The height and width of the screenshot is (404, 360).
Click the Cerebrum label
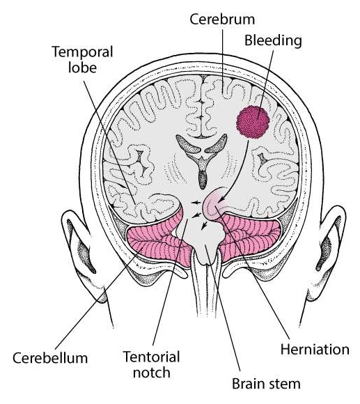[x=222, y=20]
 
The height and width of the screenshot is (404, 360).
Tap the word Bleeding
[x=273, y=41]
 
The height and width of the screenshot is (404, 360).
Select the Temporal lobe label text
[x=83, y=59]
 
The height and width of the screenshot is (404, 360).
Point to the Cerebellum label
[x=50, y=358]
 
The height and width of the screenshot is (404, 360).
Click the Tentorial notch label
[x=152, y=364]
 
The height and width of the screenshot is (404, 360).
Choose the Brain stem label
[x=266, y=384]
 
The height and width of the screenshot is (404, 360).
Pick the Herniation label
[x=315, y=350]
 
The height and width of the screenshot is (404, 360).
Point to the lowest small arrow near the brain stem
[x=204, y=225]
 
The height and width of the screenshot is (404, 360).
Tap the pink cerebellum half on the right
[x=250, y=237]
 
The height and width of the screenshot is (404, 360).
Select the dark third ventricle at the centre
[x=203, y=178]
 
